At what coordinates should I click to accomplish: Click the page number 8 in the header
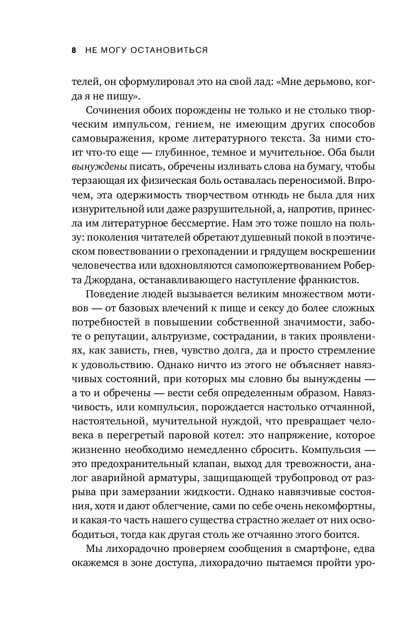(74, 50)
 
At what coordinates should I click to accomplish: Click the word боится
(343, 533)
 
